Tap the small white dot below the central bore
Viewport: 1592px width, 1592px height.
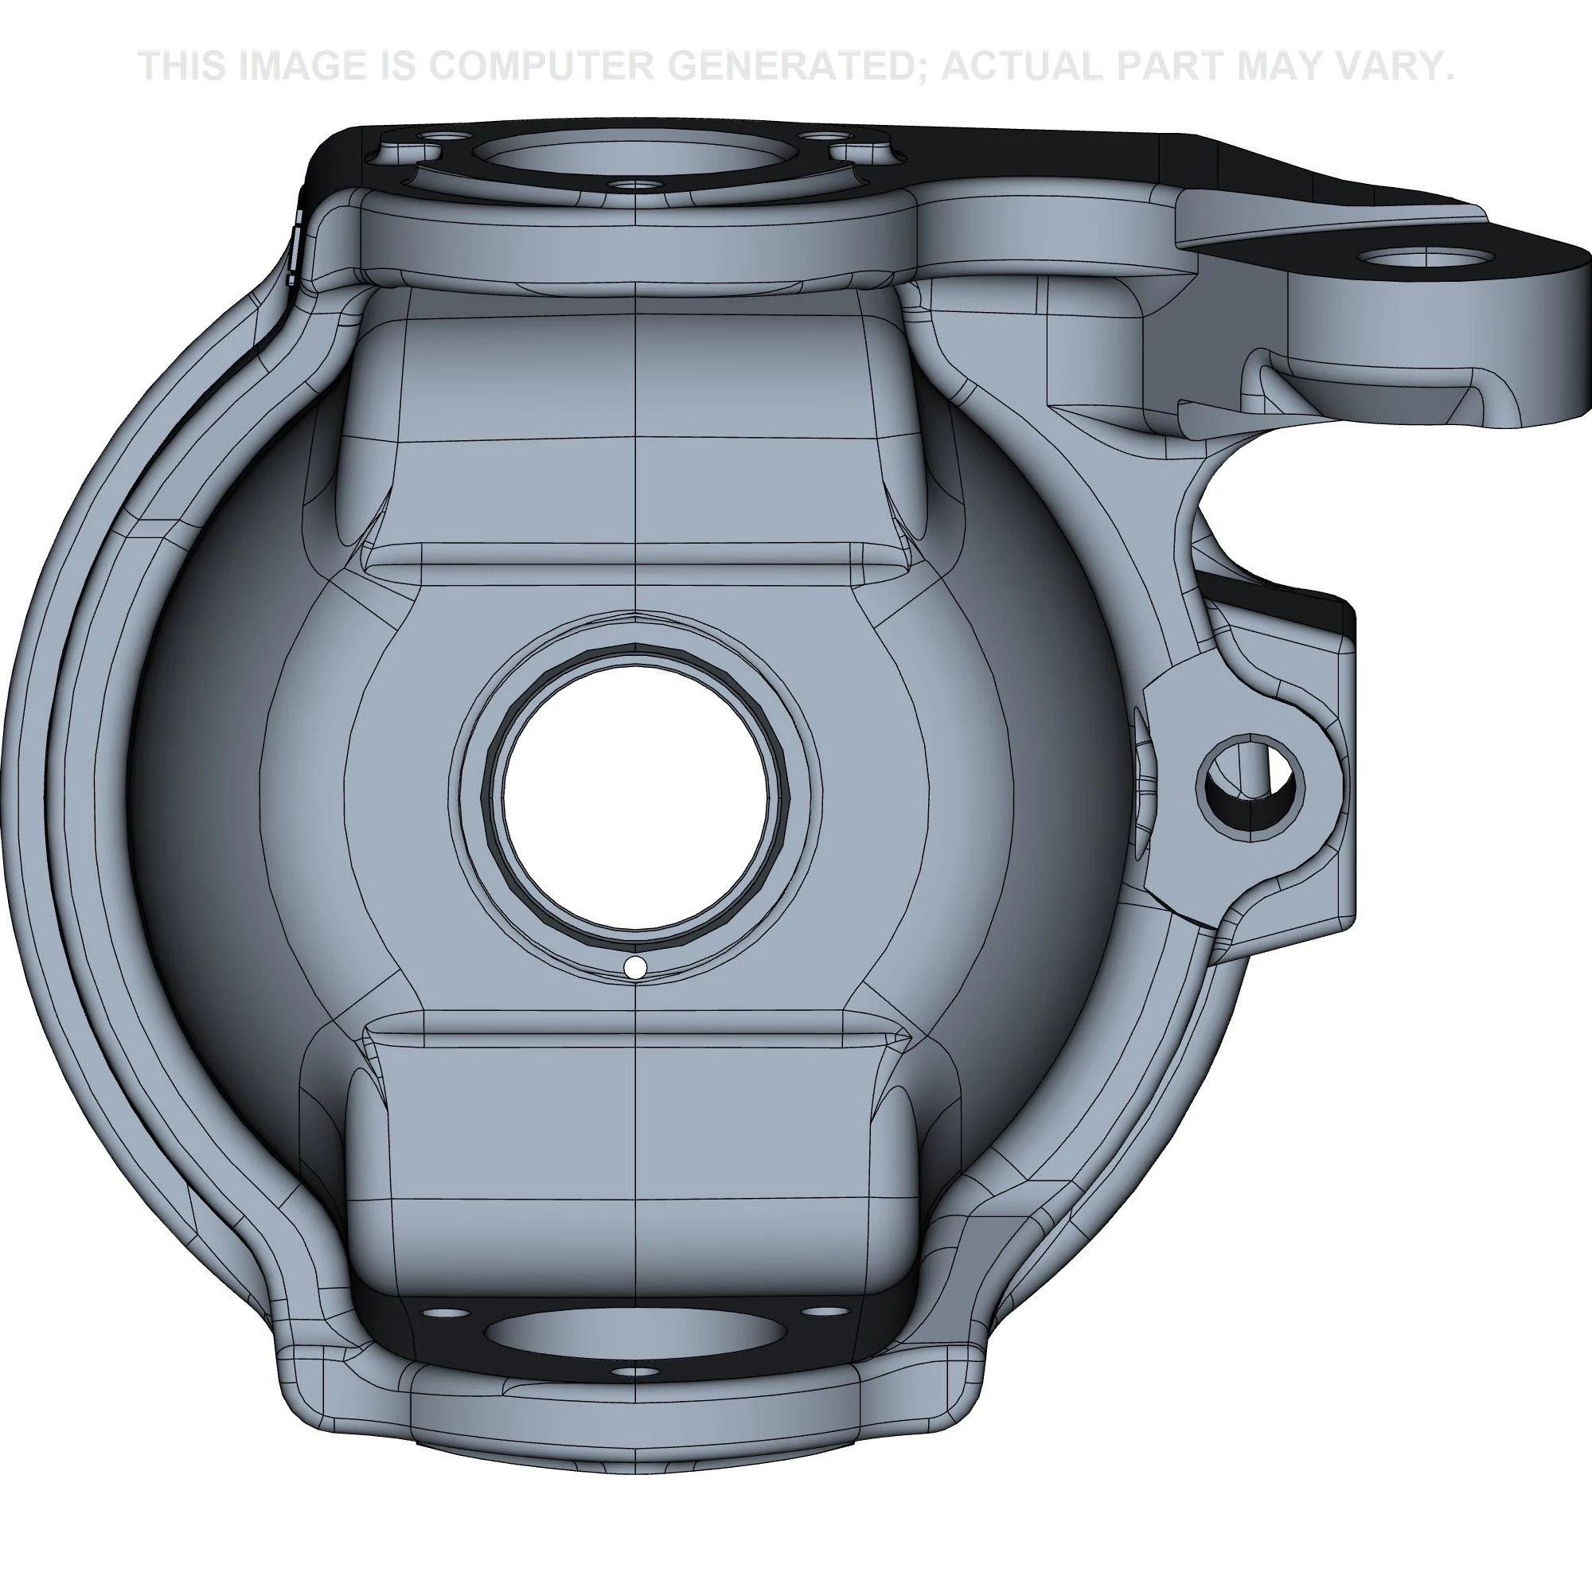635,968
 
